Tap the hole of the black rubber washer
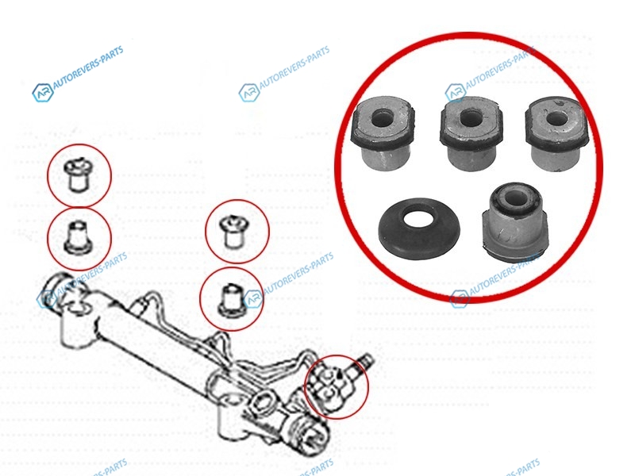pos(419,219)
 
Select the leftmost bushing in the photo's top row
pos(383,132)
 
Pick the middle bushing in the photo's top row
pos(471,133)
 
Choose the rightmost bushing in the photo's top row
pos(557,133)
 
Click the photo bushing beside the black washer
pos(515,221)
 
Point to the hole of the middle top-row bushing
pos(471,117)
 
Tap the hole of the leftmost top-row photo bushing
pos(381,117)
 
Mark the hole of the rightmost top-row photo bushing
pos(556,117)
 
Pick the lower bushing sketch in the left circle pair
pos(78,237)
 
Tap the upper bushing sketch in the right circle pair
pos(233,232)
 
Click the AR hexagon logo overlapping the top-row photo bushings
pos(455,93)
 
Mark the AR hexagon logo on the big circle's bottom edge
pos(460,300)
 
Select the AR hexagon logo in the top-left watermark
pos(43,93)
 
